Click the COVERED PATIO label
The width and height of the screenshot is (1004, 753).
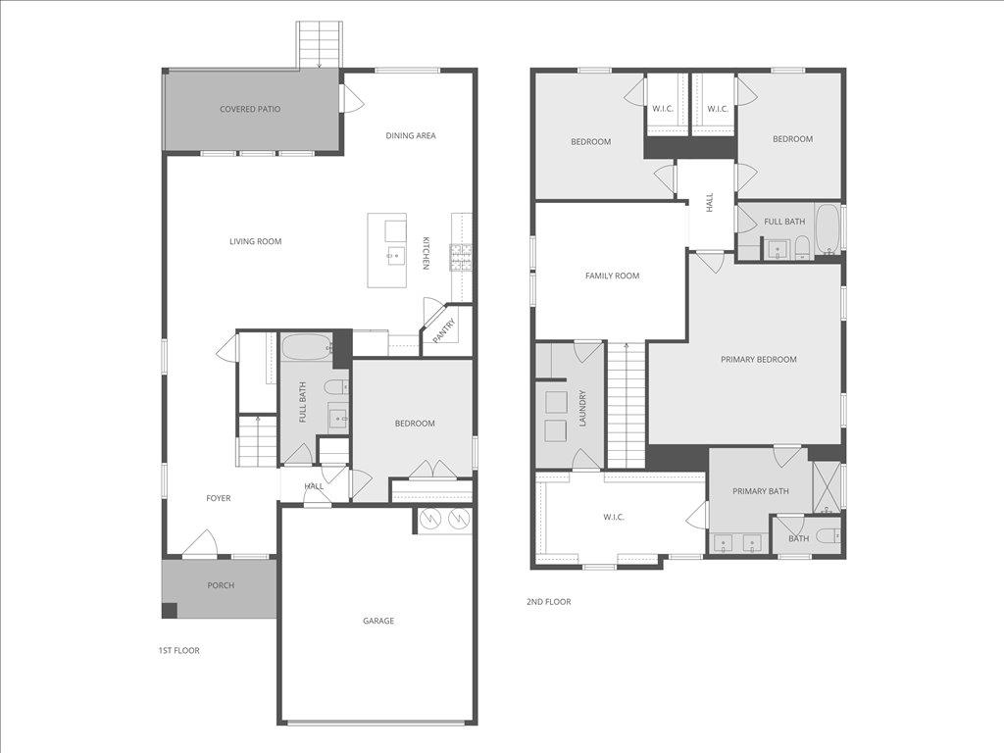tap(250, 109)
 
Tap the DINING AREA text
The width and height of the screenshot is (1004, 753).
tap(410, 135)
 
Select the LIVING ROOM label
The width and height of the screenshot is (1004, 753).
tap(255, 241)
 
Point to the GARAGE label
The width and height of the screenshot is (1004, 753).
tap(378, 621)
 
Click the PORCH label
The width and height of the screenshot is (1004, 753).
tap(221, 585)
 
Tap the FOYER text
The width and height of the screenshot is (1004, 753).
tap(218, 498)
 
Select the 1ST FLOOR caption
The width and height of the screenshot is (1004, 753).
tap(178, 650)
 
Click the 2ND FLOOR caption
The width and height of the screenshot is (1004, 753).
tap(548, 602)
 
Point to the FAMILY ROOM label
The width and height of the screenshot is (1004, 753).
tap(612, 276)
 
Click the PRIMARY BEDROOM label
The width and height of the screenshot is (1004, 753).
tap(758, 359)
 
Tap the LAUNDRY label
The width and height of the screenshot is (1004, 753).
tap(582, 408)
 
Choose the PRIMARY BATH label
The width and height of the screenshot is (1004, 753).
tap(760, 491)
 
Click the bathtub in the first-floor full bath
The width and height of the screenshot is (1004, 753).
tap(306, 346)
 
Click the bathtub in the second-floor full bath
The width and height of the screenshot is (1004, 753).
tap(827, 228)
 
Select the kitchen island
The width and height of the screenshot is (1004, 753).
tap(387, 250)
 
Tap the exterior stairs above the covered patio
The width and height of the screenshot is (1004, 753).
tap(320, 44)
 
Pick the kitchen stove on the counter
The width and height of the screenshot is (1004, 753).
tap(460, 257)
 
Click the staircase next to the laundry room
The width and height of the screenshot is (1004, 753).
tap(626, 405)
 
